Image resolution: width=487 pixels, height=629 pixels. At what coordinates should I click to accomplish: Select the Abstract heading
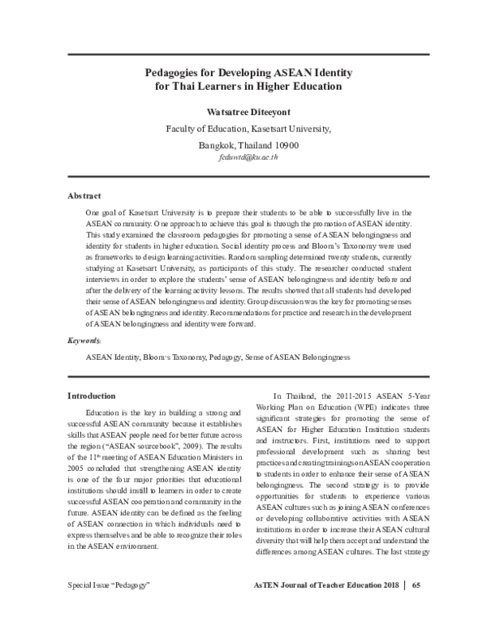(84, 196)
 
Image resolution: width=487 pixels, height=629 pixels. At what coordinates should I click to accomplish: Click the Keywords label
(84, 341)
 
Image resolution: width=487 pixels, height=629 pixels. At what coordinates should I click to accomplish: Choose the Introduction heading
(90, 396)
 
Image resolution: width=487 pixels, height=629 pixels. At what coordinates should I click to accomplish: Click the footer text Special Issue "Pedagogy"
(109, 607)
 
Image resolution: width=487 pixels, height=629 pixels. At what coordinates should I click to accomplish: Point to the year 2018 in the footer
(390, 607)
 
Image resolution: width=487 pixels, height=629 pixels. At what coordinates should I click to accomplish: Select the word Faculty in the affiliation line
(182, 129)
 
